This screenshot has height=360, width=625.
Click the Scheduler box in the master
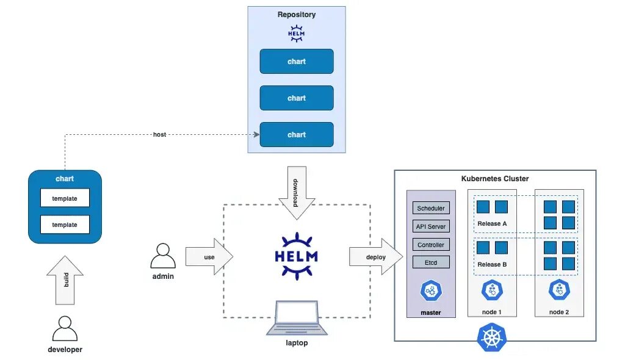point(431,208)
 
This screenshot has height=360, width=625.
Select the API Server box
point(431,226)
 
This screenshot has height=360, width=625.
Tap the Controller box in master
point(431,245)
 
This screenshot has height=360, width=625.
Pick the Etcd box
point(431,263)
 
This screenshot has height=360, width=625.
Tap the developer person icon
point(65,329)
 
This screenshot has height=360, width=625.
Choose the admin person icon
point(163,256)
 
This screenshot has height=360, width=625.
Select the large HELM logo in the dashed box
point(297,256)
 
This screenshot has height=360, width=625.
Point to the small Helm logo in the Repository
point(297,34)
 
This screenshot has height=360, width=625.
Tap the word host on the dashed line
point(159,134)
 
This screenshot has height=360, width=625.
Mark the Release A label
point(492,223)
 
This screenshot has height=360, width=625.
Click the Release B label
point(492,264)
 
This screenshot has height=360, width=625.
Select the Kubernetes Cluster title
point(495,179)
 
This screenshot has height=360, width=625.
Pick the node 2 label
point(559,312)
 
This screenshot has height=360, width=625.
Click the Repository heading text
point(297,15)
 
